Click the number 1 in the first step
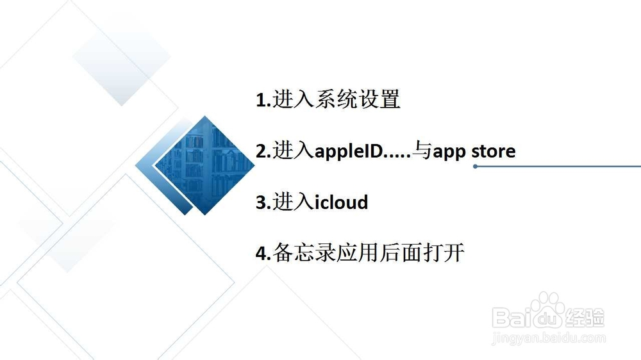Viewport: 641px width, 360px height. coord(260,100)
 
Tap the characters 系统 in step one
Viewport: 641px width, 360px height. coord(336,99)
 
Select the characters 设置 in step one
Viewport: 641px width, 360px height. coord(379,99)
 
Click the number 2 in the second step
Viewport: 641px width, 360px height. coord(261,151)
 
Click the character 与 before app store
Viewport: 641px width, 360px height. coord(422,151)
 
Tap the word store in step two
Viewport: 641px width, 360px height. coord(494,151)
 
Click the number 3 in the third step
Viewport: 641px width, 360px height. coord(261,202)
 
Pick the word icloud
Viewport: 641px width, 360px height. coord(342,202)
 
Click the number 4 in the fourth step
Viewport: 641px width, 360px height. coord(262,254)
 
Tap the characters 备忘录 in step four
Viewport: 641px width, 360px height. coord(304,252)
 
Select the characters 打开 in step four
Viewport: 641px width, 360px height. coord(444,252)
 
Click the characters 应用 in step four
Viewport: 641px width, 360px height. coord(358,252)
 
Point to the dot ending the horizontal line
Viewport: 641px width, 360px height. coord(475,167)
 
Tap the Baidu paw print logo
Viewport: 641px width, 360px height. coord(547,311)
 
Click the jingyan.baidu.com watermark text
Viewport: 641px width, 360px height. coord(549,338)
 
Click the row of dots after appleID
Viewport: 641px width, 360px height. coord(398,156)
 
